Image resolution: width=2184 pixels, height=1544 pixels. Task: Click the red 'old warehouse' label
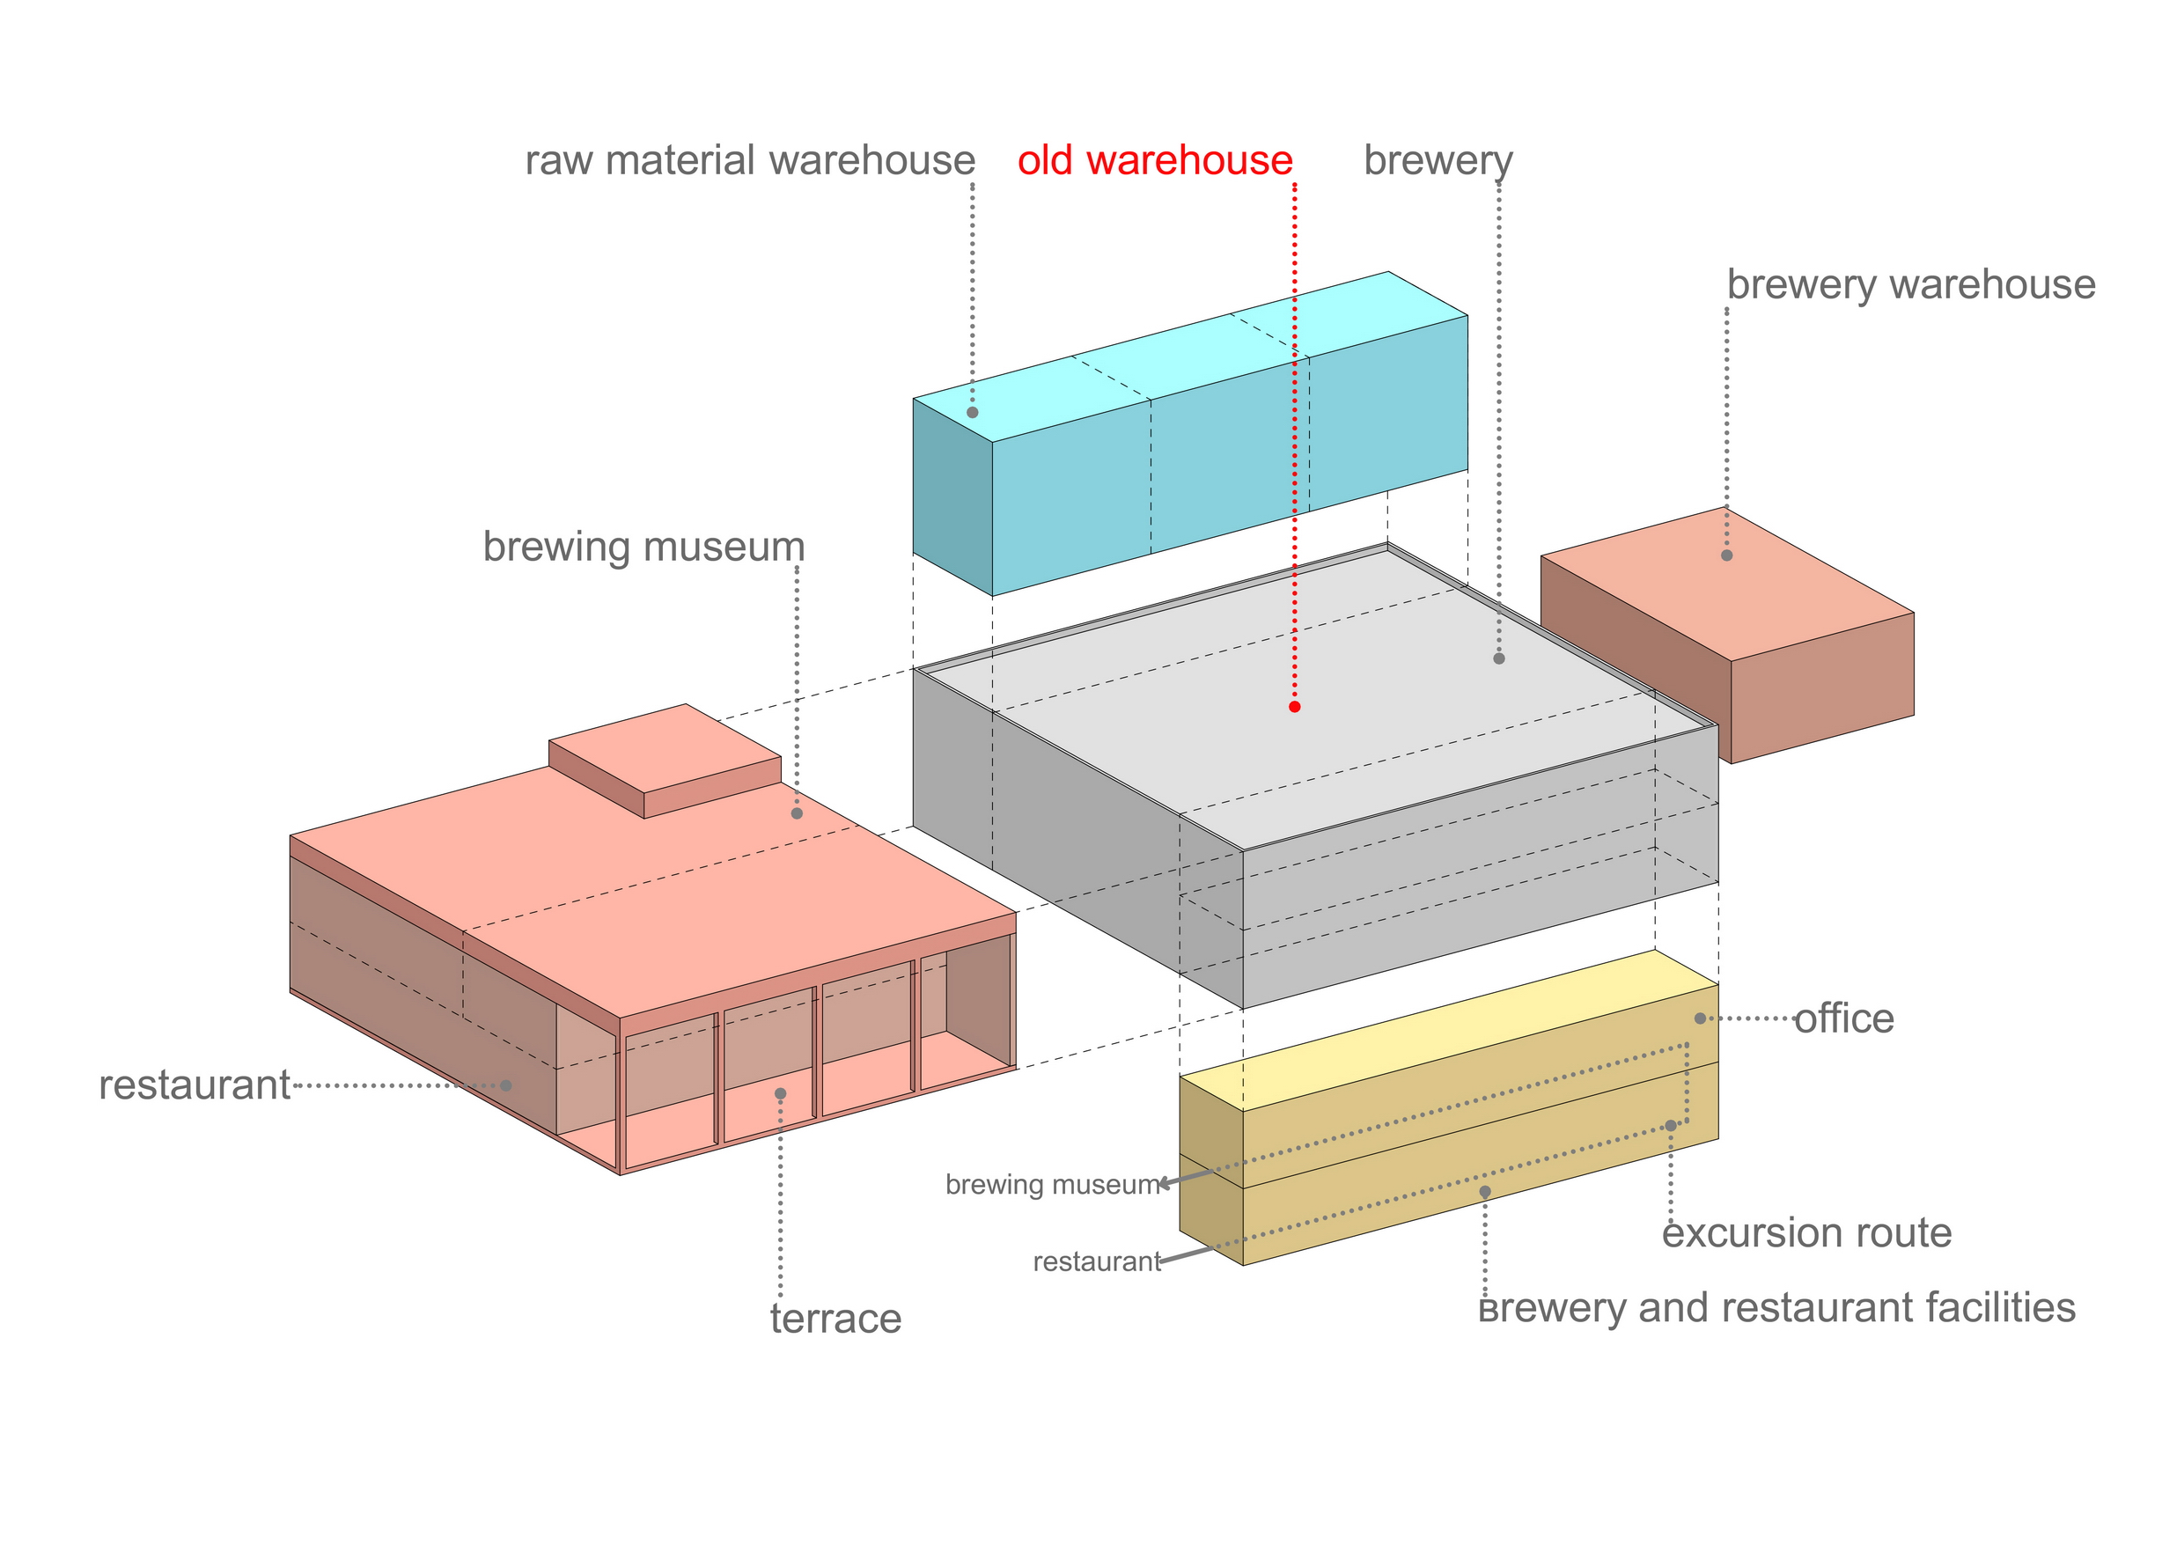point(1155,160)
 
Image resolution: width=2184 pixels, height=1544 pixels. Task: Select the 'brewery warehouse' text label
point(1910,284)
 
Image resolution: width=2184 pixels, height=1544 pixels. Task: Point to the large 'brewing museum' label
point(644,546)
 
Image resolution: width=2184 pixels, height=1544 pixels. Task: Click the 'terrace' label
point(835,1319)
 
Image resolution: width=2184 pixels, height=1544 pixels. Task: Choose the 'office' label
point(1843,1018)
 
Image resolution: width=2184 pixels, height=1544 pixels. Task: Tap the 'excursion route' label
point(1806,1233)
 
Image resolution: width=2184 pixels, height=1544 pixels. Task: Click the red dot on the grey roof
point(1295,707)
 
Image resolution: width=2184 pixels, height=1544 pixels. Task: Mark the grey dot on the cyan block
point(972,413)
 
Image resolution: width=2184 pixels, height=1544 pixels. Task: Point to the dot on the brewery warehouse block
point(1726,555)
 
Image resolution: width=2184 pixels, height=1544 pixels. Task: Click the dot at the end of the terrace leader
point(780,1094)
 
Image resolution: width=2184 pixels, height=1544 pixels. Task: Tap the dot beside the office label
point(1700,1018)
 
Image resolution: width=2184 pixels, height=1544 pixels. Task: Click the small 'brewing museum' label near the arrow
point(1052,1184)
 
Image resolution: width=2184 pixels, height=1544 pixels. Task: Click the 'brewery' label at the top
point(1438,160)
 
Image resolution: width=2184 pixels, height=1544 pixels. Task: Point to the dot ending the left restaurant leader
point(506,1085)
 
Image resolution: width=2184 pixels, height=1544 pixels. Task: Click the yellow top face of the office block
point(1445,1033)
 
